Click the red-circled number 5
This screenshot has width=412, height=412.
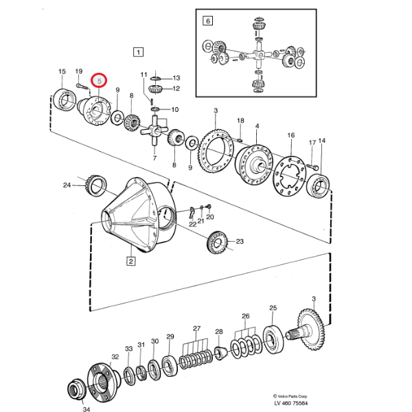tap(100, 81)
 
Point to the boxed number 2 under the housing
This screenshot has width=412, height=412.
tap(130, 260)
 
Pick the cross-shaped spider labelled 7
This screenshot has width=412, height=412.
tap(157, 128)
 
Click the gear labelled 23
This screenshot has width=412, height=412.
tap(216, 242)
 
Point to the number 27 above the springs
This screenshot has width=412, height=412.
tap(196, 328)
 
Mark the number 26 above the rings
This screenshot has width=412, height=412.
tap(245, 317)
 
